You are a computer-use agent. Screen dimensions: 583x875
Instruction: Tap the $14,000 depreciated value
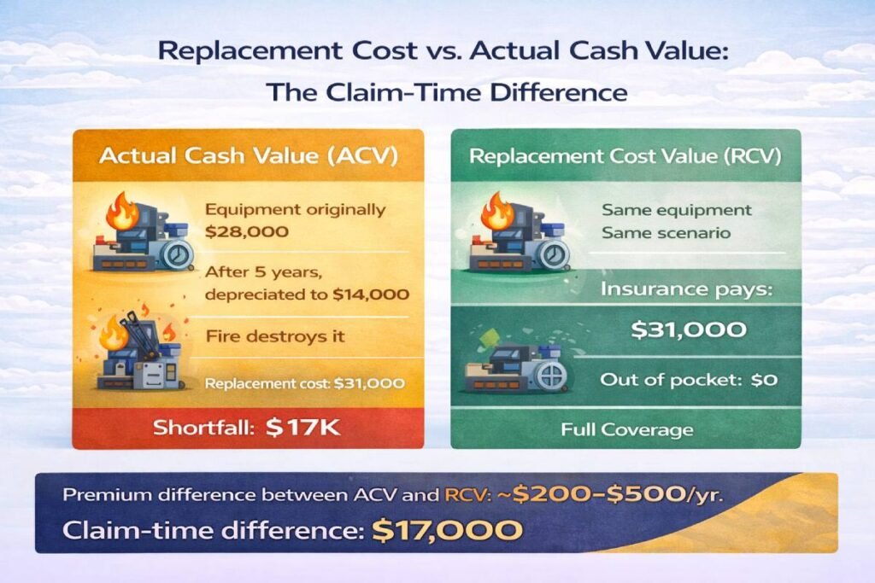coord(372,294)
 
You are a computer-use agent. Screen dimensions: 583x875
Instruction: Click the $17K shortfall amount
coord(302,429)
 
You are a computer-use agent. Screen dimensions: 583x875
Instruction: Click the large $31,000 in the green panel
coord(689,329)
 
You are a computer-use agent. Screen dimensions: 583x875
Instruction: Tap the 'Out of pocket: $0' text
coord(689,379)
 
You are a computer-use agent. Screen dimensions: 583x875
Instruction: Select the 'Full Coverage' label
coord(626,429)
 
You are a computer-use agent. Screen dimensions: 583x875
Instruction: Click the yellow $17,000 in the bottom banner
coord(447,531)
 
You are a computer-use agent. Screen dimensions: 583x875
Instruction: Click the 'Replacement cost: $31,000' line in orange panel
coord(304,383)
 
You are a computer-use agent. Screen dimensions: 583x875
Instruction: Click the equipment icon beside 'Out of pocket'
coord(513,364)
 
